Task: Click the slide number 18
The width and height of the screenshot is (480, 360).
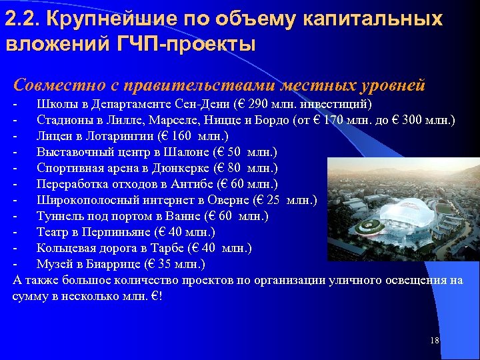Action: click(435, 341)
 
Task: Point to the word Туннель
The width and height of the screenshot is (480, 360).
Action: click(58, 216)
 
